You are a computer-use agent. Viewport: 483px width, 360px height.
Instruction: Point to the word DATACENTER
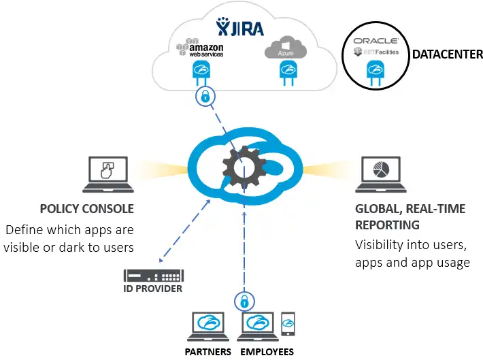click(x=447, y=54)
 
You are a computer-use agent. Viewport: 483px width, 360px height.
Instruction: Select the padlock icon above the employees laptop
click(x=243, y=299)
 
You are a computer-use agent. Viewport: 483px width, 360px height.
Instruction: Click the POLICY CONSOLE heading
click(x=86, y=208)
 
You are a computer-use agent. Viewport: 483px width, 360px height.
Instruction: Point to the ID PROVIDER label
click(x=153, y=289)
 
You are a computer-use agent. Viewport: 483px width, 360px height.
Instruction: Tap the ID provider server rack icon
click(x=153, y=276)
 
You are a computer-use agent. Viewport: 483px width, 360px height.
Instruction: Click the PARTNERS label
click(x=208, y=352)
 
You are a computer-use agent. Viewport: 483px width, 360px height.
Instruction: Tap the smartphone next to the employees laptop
click(x=288, y=324)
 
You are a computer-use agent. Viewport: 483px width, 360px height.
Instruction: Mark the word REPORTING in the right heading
click(x=387, y=225)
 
